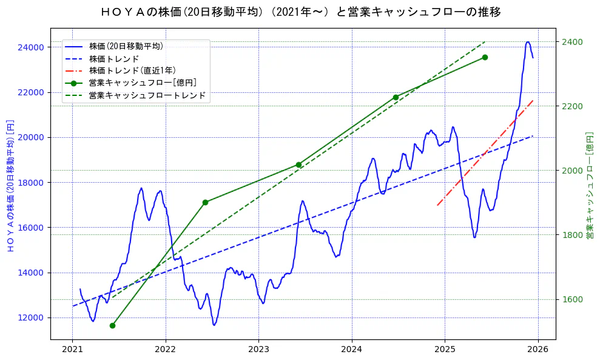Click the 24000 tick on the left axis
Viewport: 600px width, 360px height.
[31, 47]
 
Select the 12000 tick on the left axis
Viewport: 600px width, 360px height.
[31, 318]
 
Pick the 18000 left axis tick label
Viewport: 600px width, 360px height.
[31, 183]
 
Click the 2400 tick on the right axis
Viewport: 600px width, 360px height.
[571, 42]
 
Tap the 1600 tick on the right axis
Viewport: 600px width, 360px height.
[571, 299]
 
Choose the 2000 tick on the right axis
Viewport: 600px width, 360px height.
[571, 171]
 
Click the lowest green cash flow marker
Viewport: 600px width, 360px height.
[112, 325]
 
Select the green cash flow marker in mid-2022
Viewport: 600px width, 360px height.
[205, 202]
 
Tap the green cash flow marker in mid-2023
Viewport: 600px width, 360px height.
[298, 165]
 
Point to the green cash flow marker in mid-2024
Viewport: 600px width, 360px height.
[396, 97]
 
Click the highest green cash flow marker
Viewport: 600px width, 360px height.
[485, 57]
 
